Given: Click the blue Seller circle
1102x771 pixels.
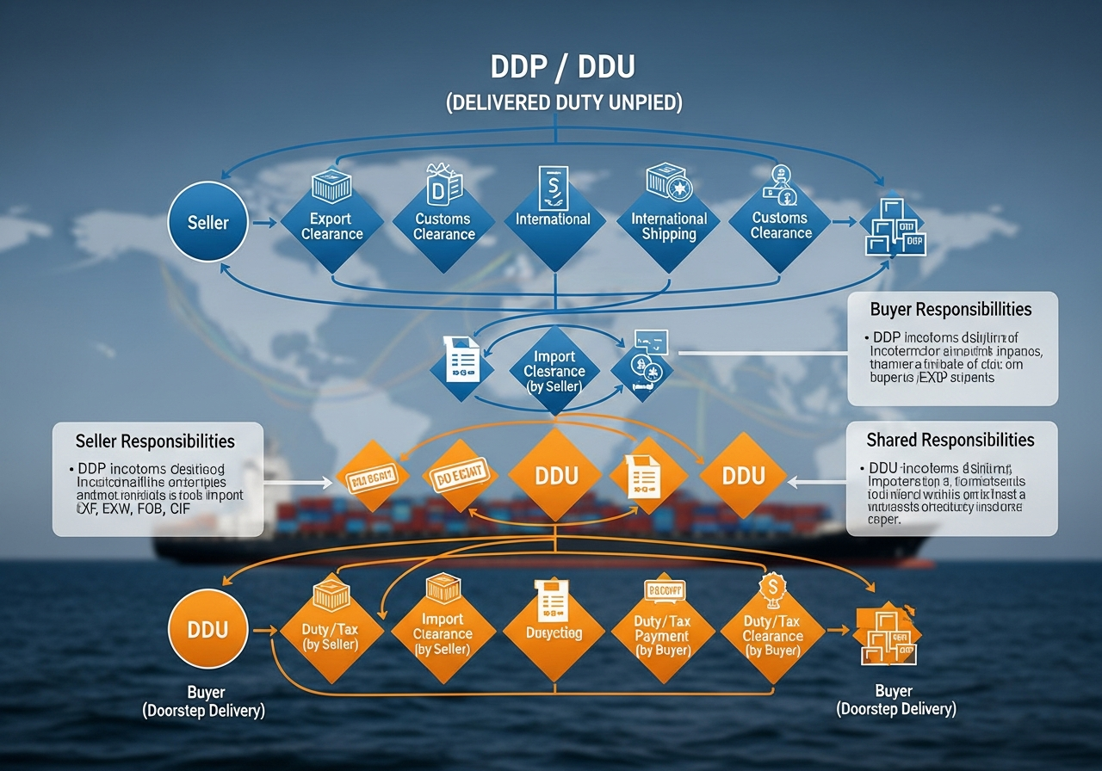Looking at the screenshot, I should pos(208,223).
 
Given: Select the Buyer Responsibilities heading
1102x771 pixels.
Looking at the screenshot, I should pos(950,309).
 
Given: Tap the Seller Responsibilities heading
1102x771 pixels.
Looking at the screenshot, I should pos(155,441).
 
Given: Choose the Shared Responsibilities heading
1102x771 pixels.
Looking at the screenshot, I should pos(950,440).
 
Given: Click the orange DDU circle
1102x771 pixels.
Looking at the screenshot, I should pos(208,629).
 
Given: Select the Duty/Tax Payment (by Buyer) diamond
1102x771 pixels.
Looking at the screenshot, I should pos(662,637).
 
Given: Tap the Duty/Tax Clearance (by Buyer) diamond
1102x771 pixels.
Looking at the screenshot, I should pos(772,637).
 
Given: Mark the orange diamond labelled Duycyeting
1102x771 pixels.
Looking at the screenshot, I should pos(554,632).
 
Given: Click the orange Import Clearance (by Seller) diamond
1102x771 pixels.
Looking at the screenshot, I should pos(443,634).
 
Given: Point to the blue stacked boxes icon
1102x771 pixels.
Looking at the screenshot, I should pos(893,228).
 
